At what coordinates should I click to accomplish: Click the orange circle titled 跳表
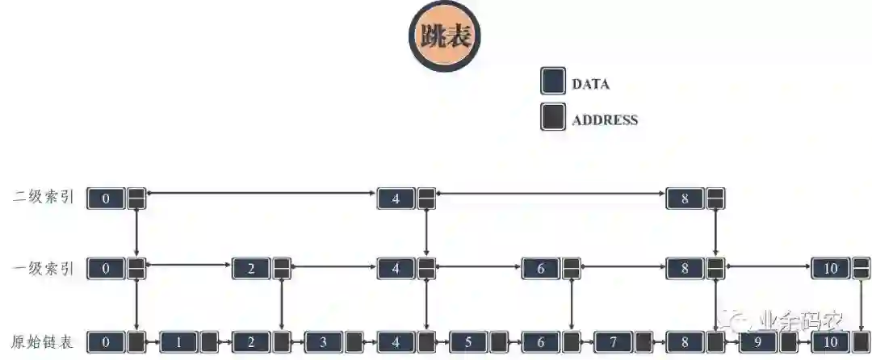click(x=444, y=36)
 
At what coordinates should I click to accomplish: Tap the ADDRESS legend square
click(x=552, y=119)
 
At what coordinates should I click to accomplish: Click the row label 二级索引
click(x=44, y=196)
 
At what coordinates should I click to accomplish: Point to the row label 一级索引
click(x=44, y=269)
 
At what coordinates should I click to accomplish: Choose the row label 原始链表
click(x=44, y=341)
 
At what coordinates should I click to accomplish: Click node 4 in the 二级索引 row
click(x=396, y=198)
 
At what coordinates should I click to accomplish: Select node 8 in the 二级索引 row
click(x=685, y=198)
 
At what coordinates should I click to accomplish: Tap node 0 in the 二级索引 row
click(x=107, y=198)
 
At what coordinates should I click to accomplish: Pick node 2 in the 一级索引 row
click(x=251, y=269)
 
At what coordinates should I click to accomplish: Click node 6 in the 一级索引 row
click(x=541, y=269)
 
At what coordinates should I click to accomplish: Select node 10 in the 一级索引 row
click(x=830, y=269)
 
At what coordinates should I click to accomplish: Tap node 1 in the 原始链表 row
click(x=178, y=341)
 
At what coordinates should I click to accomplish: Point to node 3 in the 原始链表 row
click(x=323, y=341)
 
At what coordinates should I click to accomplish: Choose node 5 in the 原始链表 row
click(x=468, y=341)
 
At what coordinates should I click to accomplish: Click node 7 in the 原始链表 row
click(x=613, y=341)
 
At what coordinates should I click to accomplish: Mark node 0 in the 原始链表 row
click(x=107, y=341)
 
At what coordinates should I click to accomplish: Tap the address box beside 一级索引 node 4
click(x=426, y=269)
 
